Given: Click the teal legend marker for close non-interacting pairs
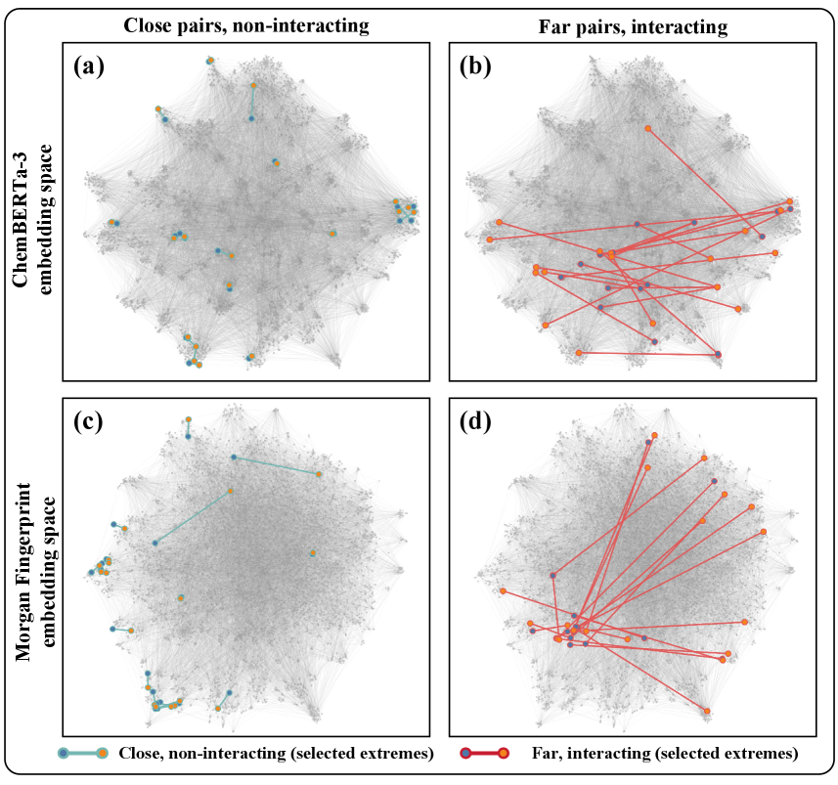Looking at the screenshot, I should coord(82,753).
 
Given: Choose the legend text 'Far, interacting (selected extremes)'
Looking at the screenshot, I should coord(665,753).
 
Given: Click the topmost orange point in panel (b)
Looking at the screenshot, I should coord(647,128).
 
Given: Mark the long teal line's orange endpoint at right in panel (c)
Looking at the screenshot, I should coord(319,474).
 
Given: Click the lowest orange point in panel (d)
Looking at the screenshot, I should coord(706,711).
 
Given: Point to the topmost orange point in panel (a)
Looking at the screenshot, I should coord(210,60).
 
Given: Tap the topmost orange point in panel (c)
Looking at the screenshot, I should coord(188,419).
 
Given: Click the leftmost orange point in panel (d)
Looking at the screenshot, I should coord(502,591).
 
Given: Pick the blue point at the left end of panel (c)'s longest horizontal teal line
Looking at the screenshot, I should coord(233,457).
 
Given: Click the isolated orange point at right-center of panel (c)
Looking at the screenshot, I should coord(312,553).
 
